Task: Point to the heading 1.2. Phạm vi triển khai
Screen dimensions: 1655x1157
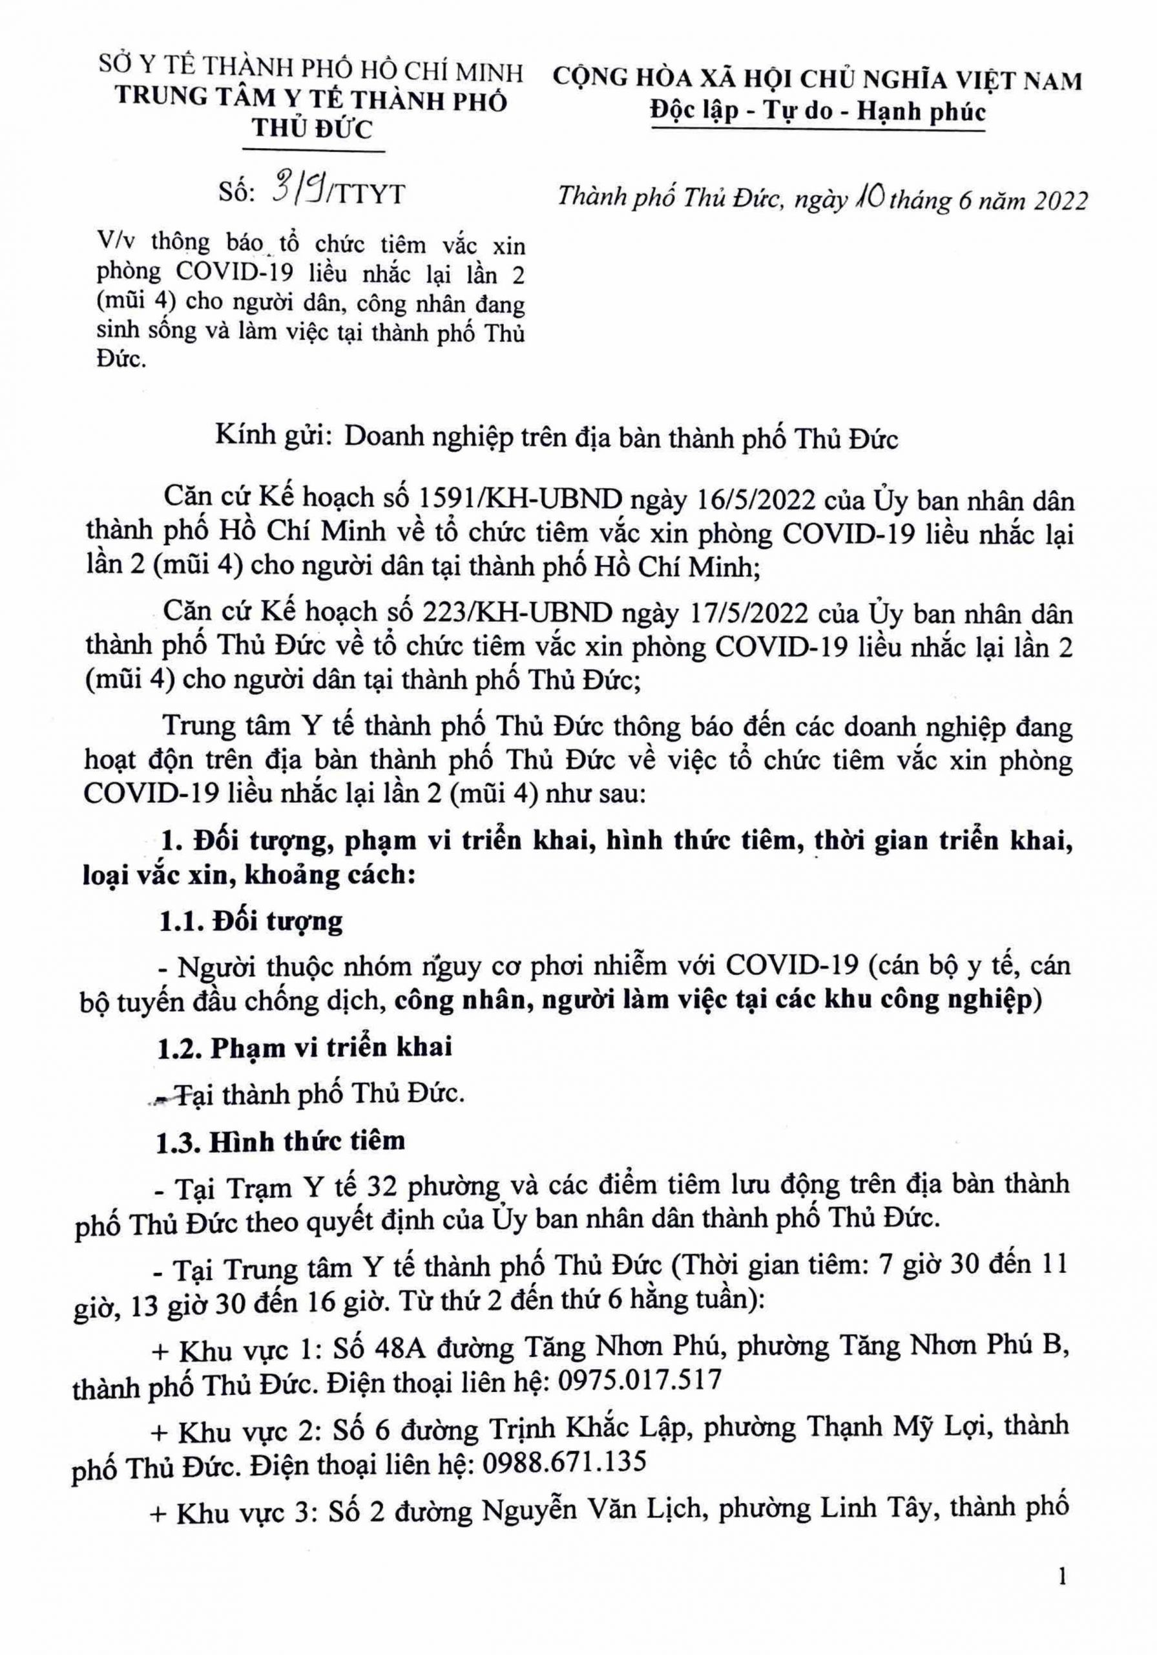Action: tap(305, 1046)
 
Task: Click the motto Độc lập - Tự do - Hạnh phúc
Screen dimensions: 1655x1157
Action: tap(817, 112)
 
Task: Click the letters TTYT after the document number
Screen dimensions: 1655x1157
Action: tap(368, 195)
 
